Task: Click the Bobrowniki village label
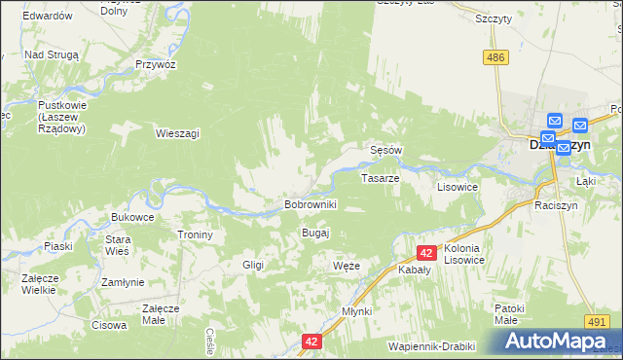310,205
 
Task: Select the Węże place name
347,266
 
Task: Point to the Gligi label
253,265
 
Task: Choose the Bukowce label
133,217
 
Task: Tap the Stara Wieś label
118,245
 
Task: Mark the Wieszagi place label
177,132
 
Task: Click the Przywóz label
156,64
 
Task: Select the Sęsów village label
386,151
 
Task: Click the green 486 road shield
497,58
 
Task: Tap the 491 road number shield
598,321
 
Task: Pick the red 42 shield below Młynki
311,342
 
